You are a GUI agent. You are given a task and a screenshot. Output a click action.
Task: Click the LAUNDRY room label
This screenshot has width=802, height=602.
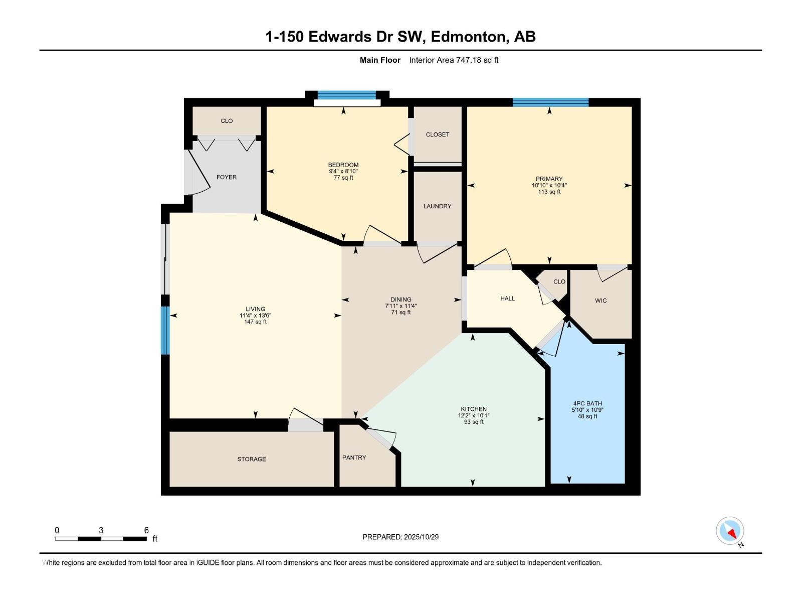(437, 206)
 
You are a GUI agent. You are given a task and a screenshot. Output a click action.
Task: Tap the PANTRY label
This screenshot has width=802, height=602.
(354, 458)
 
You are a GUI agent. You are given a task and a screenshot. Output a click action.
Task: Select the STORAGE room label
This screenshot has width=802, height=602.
(252, 459)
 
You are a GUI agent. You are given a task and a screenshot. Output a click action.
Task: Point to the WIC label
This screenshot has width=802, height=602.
(600, 300)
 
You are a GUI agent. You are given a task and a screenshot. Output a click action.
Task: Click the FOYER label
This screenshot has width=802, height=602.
(227, 177)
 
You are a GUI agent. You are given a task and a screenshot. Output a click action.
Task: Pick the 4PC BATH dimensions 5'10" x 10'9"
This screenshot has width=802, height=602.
(587, 410)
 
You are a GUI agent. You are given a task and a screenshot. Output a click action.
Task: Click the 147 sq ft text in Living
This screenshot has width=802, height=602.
(255, 322)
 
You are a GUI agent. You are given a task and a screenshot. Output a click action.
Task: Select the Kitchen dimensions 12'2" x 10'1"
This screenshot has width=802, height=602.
(474, 415)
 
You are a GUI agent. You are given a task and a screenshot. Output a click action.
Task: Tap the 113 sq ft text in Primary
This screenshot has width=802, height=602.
(549, 192)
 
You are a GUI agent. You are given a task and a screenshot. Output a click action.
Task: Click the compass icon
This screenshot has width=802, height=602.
(730, 531)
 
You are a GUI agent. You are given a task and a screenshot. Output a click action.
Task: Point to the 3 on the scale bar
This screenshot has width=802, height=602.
(101, 530)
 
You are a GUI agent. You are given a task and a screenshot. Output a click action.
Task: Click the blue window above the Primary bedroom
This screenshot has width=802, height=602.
(550, 102)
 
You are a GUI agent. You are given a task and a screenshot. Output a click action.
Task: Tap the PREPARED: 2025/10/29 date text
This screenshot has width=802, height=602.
(400, 537)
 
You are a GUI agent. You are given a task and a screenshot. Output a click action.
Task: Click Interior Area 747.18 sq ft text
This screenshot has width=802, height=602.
(454, 60)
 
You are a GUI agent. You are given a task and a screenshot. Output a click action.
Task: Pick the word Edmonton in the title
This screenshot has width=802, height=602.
(469, 37)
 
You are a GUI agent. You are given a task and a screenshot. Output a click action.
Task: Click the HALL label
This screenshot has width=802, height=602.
(507, 298)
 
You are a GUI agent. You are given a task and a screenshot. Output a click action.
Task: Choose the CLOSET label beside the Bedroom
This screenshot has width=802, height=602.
(437, 134)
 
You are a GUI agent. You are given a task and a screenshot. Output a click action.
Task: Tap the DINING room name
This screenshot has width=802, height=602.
(400, 299)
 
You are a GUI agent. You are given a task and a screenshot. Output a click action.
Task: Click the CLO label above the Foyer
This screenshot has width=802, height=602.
(227, 121)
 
